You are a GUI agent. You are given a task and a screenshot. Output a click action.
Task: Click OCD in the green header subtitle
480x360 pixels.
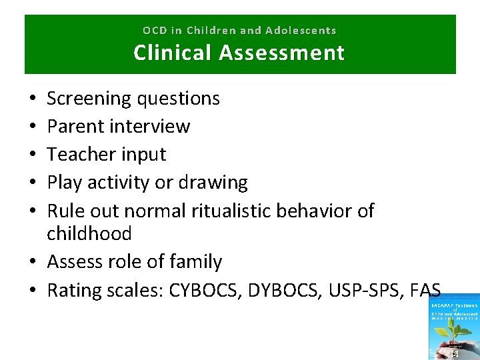coord(154,31)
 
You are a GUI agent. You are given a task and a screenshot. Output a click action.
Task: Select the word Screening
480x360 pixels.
coord(89,99)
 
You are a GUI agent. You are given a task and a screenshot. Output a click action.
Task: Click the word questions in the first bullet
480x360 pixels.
coord(178,99)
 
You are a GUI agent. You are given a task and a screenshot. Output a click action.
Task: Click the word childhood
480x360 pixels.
coord(89,233)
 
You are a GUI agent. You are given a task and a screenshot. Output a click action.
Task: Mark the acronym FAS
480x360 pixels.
coord(426,290)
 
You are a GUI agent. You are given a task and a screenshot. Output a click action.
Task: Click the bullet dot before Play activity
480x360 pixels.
coord(33,182)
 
